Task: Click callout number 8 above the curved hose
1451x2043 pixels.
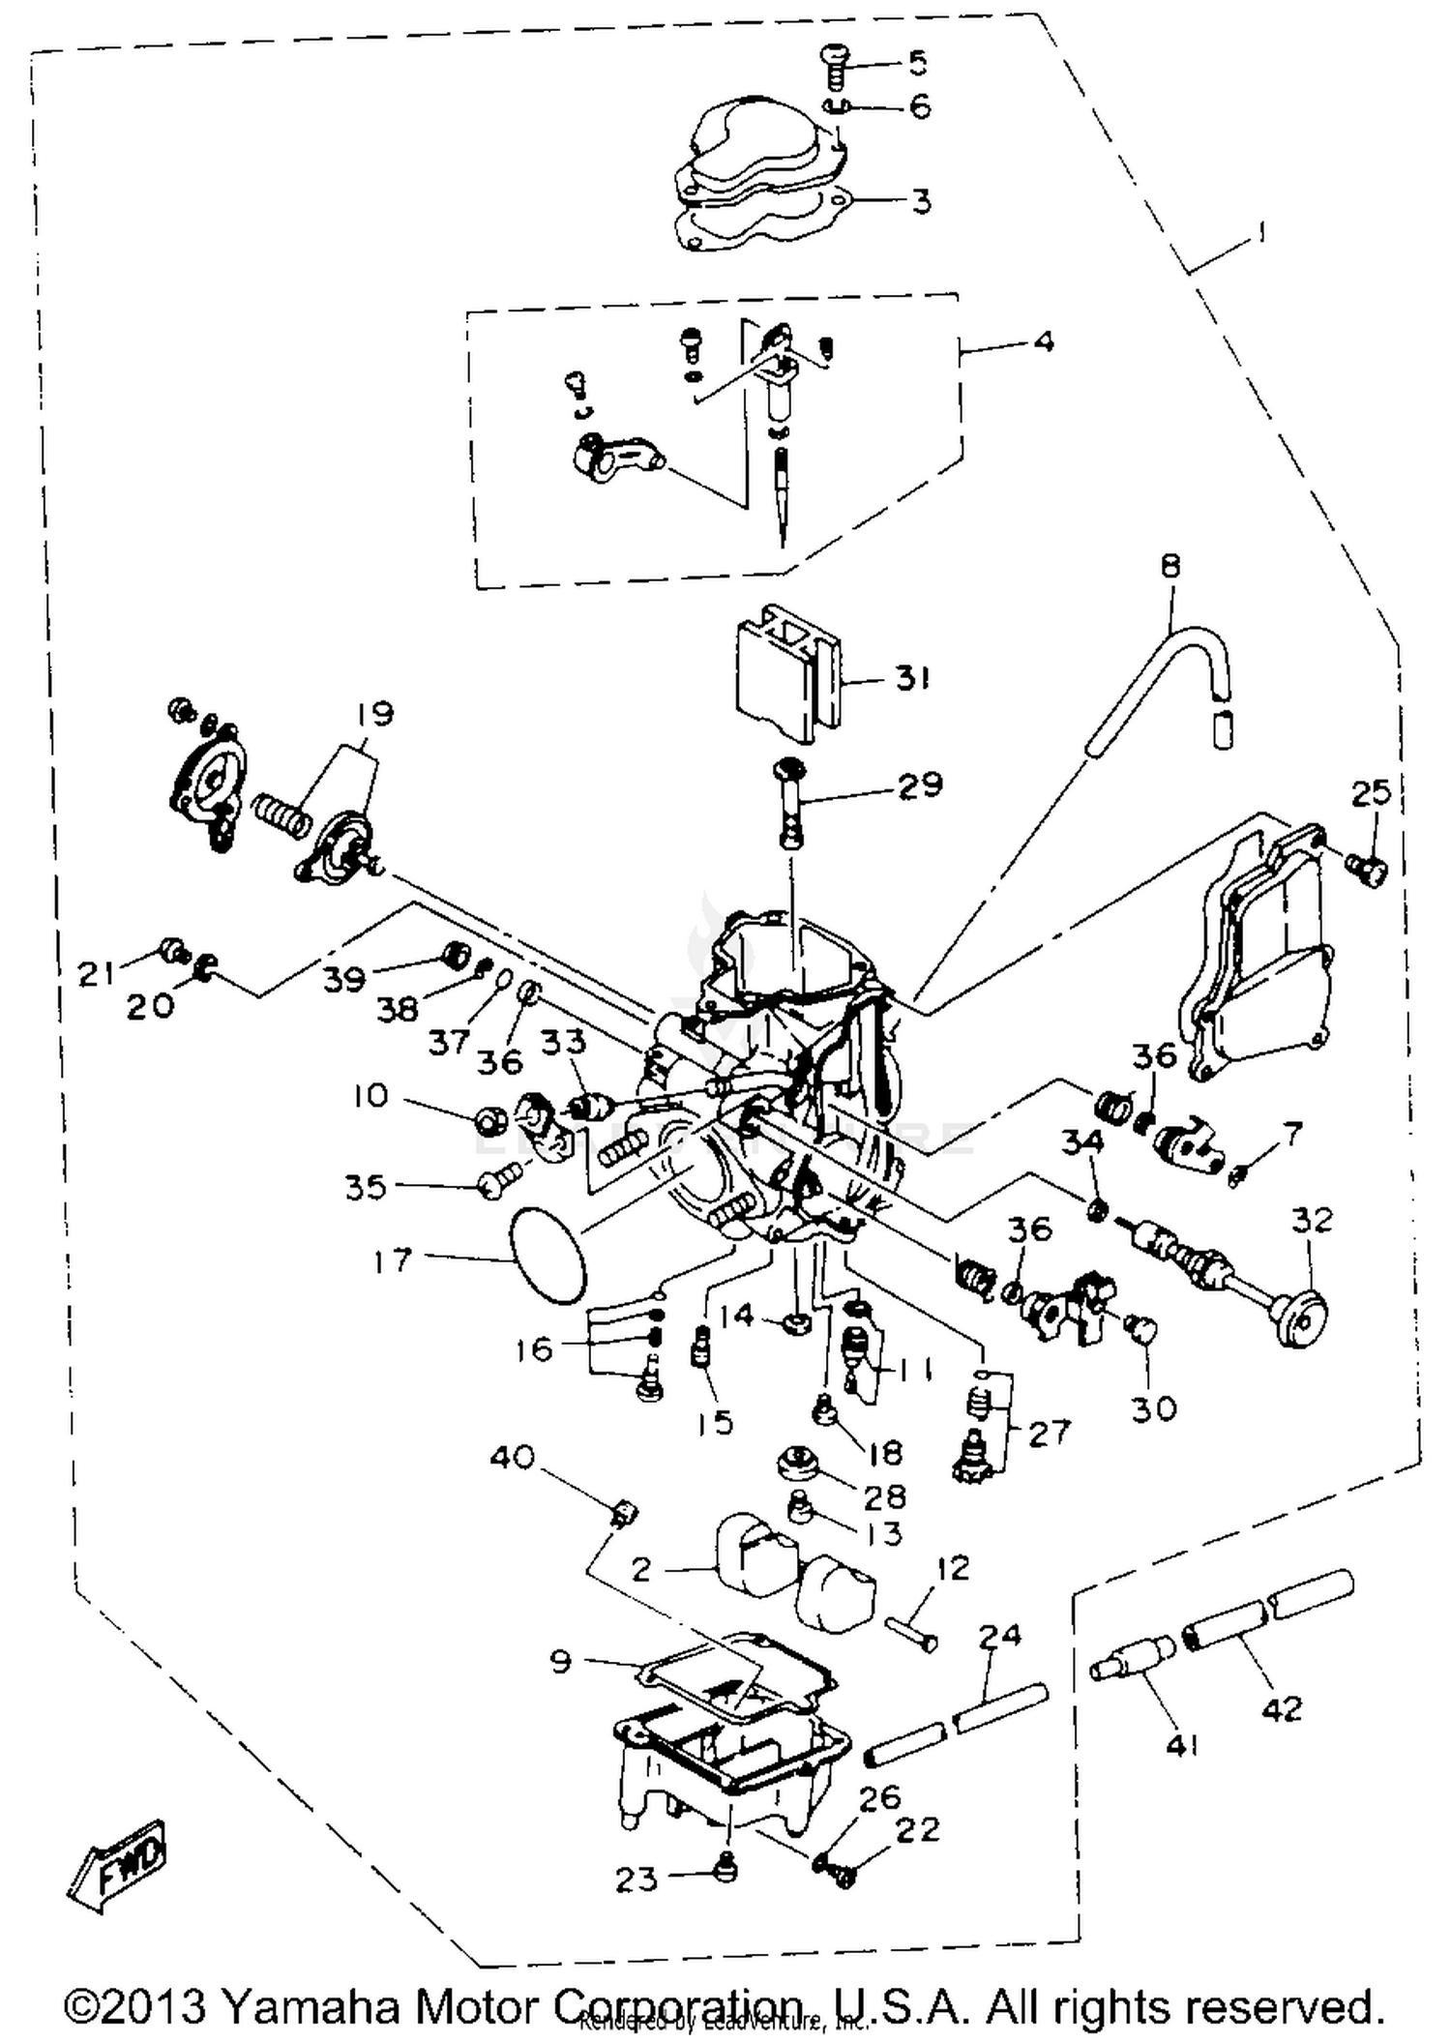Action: pos(1170,566)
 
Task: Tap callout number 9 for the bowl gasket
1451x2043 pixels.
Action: pos(561,1661)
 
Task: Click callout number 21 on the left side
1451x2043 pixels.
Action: pos(96,973)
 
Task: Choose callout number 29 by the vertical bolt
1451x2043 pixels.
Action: pos(919,785)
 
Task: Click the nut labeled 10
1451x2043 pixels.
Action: pos(491,1121)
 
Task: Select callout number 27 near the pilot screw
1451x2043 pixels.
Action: pos(1050,1432)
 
